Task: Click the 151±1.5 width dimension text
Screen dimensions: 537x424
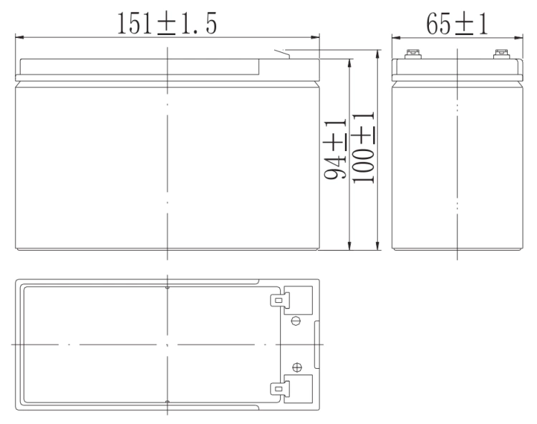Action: point(167,24)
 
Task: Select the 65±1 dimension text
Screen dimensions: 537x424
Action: point(457,24)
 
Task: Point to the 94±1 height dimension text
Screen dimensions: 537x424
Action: point(336,149)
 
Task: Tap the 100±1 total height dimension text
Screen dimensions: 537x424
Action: point(364,148)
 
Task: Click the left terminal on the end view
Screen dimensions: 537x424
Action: point(412,54)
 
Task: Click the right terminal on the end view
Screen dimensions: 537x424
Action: point(501,54)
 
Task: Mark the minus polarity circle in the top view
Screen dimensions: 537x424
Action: point(296,322)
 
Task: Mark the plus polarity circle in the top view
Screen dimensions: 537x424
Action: point(297,367)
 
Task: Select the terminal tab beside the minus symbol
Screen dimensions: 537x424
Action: point(280,300)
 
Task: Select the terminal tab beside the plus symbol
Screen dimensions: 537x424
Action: point(280,389)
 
